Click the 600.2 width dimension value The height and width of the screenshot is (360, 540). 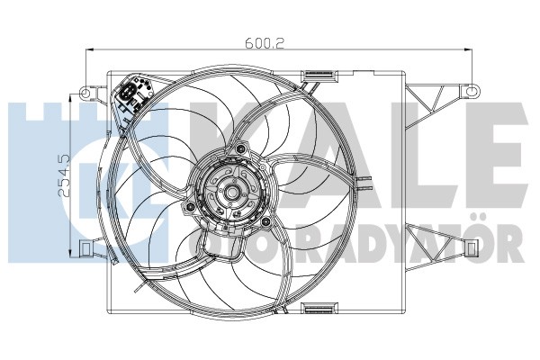point(265,43)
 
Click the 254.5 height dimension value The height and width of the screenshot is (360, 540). point(65,175)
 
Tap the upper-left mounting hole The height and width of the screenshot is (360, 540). point(85,92)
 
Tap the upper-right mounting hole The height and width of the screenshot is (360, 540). point(472,91)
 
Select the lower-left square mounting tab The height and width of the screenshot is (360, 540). point(85,247)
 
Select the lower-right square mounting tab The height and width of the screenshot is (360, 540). point(472,247)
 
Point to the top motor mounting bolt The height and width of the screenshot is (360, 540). point(240,148)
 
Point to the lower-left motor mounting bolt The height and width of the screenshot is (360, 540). point(189,207)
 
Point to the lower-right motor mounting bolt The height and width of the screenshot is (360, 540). point(265,222)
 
